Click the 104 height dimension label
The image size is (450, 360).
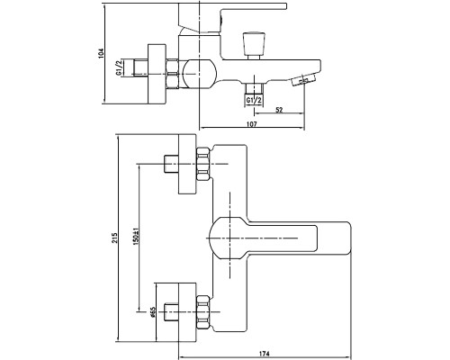(x=101, y=53)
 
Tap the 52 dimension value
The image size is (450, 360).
(x=279, y=110)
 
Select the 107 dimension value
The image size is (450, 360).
(x=252, y=124)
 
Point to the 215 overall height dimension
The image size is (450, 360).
(x=115, y=238)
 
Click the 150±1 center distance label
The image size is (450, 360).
(x=137, y=235)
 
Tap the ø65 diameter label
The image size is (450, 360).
(x=152, y=312)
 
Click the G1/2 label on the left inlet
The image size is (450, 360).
(x=119, y=67)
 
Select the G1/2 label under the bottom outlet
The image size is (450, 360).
(x=254, y=101)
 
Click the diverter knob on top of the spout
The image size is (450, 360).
(x=254, y=46)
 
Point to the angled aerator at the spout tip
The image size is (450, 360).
(x=303, y=80)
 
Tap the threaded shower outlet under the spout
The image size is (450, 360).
(x=254, y=88)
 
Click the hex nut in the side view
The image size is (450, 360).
(x=172, y=74)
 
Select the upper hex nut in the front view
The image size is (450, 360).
(x=203, y=164)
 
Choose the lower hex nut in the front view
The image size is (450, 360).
(x=203, y=312)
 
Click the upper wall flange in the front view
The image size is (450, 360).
(x=187, y=164)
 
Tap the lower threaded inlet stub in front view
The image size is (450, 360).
(x=171, y=312)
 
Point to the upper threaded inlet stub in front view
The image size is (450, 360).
(x=171, y=164)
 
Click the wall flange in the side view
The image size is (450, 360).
(x=157, y=75)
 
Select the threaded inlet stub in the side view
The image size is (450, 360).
(x=139, y=67)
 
